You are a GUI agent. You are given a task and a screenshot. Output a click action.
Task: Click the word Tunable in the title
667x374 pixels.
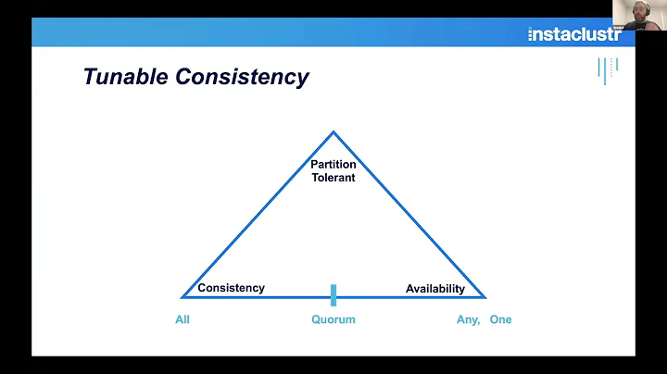click(x=123, y=77)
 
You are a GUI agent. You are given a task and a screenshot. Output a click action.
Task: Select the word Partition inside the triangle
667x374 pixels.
click(x=333, y=165)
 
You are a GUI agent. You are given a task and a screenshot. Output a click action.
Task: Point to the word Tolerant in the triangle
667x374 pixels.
click(x=333, y=177)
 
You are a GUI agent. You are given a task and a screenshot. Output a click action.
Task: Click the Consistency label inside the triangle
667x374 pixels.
click(x=231, y=288)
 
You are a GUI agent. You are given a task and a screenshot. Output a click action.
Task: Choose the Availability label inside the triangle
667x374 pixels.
click(x=435, y=289)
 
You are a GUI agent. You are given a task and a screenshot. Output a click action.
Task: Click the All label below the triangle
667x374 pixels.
click(x=182, y=319)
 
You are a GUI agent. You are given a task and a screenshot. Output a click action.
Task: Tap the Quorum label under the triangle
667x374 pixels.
click(x=333, y=319)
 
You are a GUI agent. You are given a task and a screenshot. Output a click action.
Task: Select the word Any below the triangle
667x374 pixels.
click(x=466, y=319)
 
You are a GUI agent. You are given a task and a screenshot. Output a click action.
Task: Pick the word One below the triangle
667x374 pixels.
click(x=500, y=319)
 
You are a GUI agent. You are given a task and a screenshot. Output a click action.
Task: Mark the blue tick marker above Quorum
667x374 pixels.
click(x=333, y=294)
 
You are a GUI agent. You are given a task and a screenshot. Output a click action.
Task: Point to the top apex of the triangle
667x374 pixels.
click(x=333, y=132)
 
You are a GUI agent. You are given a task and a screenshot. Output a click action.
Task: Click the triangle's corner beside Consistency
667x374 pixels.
click(x=183, y=297)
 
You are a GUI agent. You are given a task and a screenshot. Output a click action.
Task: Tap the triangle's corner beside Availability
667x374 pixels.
click(x=484, y=297)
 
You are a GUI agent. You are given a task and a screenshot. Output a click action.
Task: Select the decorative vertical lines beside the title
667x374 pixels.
click(x=607, y=69)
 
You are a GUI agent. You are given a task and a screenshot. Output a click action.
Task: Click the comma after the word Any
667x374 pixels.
click(x=479, y=322)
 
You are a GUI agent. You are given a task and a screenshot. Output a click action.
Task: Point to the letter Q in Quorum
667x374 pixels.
click(x=316, y=319)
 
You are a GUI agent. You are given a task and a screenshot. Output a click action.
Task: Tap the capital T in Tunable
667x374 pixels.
click(x=90, y=77)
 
